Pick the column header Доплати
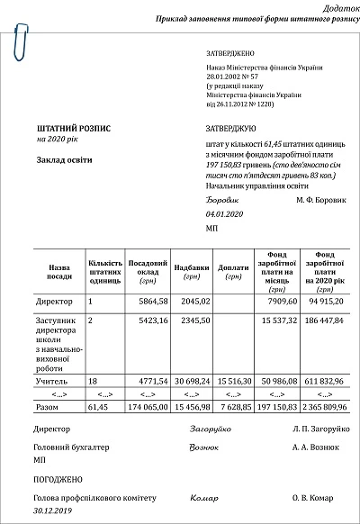tap(233, 267)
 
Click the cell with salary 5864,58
tap(149, 300)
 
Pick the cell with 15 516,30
tap(233, 382)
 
